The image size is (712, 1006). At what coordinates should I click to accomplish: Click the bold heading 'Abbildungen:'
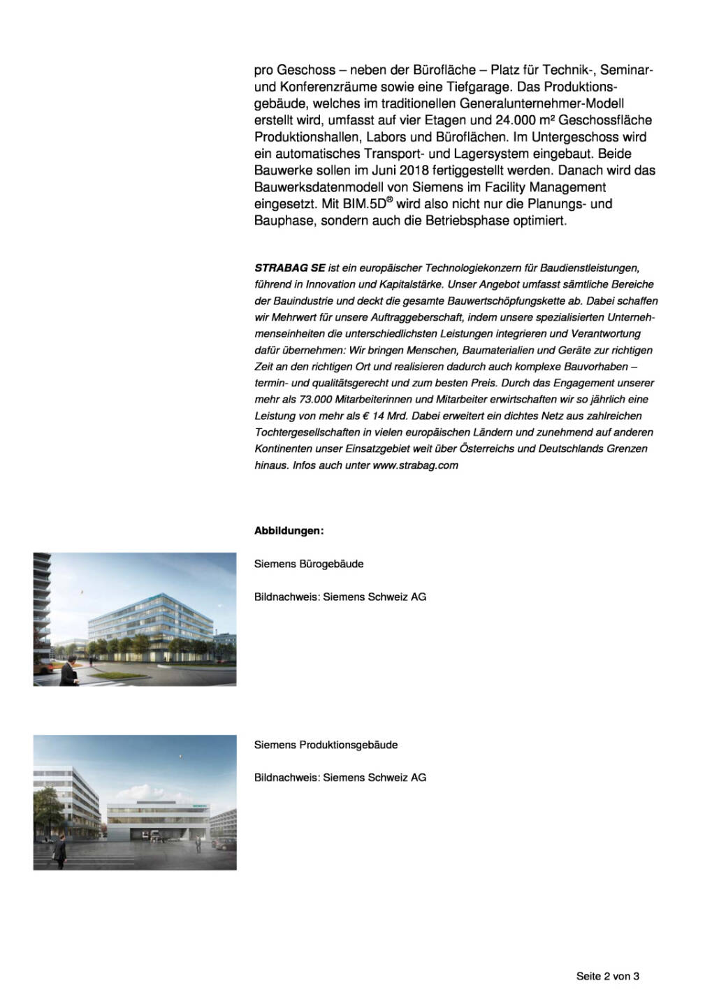pyautogui.click(x=289, y=531)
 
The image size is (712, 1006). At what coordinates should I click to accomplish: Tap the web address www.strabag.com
pyautogui.click(x=415, y=465)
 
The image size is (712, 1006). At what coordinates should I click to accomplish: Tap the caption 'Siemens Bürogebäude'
pyautogui.click(x=309, y=564)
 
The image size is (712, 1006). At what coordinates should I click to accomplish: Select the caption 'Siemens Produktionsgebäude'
pyautogui.click(x=326, y=745)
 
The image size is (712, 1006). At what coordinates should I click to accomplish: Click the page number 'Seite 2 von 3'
pyautogui.click(x=607, y=976)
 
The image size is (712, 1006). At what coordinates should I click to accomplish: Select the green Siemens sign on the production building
pyautogui.click(x=199, y=805)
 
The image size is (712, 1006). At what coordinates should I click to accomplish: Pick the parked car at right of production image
pyautogui.click(x=222, y=845)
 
